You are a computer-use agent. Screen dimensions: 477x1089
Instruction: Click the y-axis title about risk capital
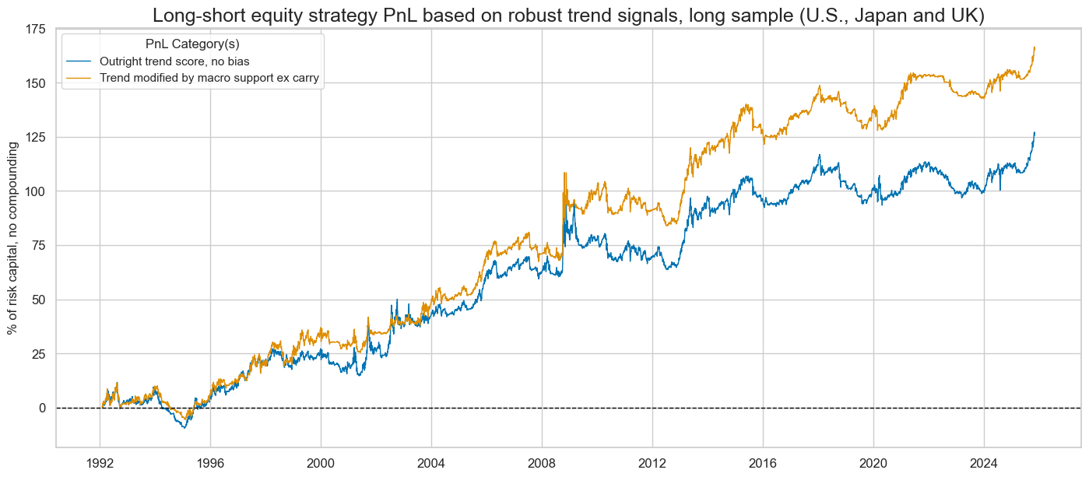pos(13,237)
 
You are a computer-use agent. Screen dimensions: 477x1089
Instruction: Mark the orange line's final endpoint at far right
pos(1035,47)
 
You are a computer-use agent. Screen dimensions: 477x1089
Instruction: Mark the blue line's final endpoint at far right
pos(1035,132)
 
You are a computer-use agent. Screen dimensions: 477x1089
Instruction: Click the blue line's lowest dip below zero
pos(184,428)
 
